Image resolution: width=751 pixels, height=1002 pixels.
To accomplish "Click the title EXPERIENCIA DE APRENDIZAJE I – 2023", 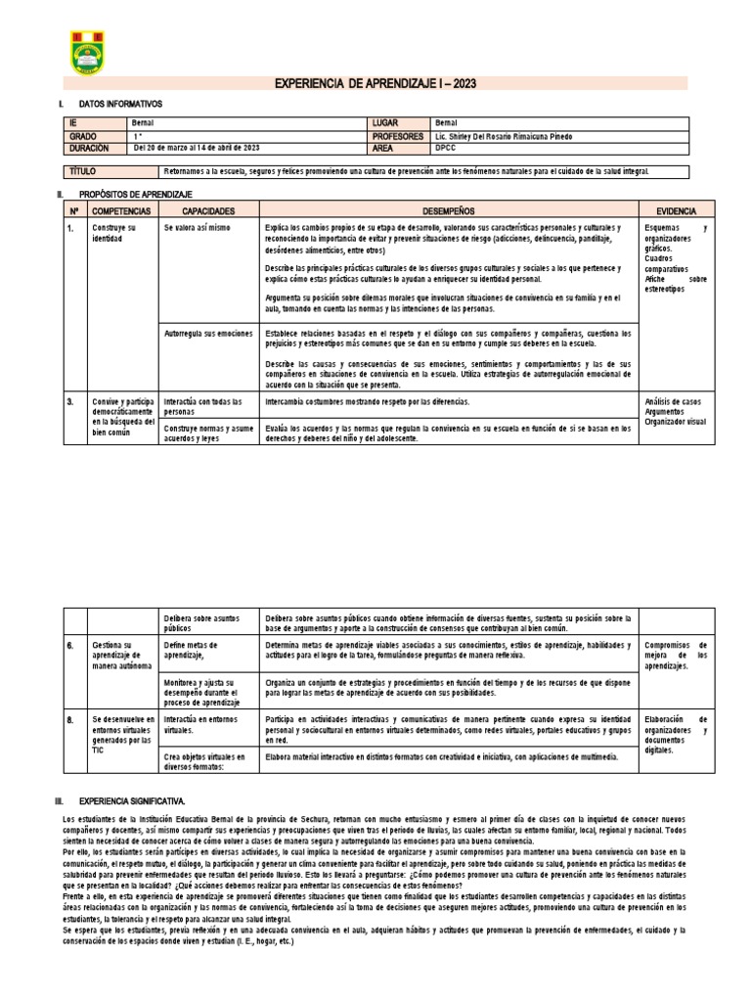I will [x=375, y=84].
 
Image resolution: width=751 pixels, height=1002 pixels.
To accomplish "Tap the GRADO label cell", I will [x=95, y=136].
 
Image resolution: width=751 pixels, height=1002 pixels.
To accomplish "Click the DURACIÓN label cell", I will [x=95, y=148].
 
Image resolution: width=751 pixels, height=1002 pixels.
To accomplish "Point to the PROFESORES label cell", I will [x=398, y=136].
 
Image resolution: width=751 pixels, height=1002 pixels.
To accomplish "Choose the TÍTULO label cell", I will [x=95, y=171].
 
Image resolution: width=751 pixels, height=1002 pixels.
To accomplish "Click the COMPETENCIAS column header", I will [x=122, y=210].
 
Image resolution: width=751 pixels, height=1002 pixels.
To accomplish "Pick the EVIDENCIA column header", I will [x=677, y=210].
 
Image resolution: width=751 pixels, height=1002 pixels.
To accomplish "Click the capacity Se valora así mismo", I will [x=198, y=227].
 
